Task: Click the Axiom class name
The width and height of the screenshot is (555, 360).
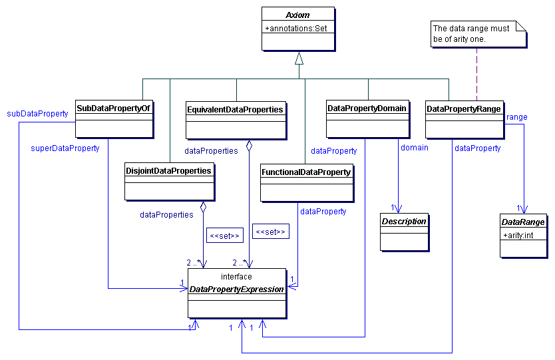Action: pos(299,15)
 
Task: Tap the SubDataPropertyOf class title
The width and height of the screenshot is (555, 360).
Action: pos(114,108)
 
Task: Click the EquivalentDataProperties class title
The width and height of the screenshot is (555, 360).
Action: pos(236,109)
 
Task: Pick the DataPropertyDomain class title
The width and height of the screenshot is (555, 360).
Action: pos(367,108)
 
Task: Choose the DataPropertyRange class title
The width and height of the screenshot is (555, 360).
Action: pos(464,108)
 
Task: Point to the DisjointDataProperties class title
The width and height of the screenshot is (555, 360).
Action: pos(169,171)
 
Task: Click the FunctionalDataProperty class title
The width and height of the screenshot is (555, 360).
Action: pos(306,172)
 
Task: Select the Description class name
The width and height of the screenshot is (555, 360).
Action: pos(403,221)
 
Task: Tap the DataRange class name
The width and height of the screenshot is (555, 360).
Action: pos(524,222)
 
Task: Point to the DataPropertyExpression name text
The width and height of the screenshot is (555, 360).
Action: pos(237,289)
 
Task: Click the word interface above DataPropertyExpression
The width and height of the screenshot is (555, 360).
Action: pos(237,277)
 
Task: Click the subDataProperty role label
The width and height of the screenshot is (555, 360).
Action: pos(37,114)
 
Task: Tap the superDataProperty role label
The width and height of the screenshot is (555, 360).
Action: pos(65,148)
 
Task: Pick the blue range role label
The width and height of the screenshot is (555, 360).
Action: pos(516,117)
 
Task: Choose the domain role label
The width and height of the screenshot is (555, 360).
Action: pos(415,147)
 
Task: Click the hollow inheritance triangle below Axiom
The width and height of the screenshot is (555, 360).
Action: pos(299,58)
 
